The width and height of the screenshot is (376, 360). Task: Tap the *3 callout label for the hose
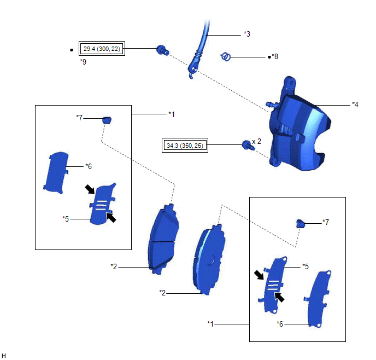(x=247, y=34)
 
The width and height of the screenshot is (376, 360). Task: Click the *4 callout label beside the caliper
(x=355, y=104)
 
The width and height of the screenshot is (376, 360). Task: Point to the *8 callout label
(x=275, y=56)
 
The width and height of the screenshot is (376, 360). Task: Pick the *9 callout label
(x=83, y=62)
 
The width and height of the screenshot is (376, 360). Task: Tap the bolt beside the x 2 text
(x=246, y=144)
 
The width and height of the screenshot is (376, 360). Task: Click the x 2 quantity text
(x=257, y=141)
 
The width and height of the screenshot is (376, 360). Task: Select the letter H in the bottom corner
(x=4, y=355)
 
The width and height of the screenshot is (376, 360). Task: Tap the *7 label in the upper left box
(x=80, y=118)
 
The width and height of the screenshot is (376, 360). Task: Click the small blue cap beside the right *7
(x=299, y=222)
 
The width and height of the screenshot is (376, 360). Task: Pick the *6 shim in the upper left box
(x=57, y=172)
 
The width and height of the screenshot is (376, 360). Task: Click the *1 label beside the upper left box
(x=172, y=114)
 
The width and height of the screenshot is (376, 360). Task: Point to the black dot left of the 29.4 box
(x=72, y=50)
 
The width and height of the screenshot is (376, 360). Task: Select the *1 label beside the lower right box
(x=211, y=323)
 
